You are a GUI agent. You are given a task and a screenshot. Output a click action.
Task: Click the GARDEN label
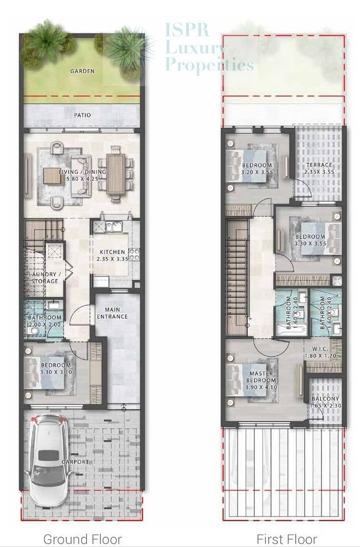pos(83,71)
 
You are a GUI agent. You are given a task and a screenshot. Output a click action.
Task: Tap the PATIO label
pos(83,115)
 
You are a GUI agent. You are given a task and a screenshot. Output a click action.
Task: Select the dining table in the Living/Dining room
pos(115,174)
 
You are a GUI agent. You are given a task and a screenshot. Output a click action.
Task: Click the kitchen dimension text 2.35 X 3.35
pos(112,259)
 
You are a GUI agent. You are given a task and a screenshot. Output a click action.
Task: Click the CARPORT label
pos(75,462)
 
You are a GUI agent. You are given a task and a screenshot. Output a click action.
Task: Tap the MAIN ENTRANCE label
pos(112,313)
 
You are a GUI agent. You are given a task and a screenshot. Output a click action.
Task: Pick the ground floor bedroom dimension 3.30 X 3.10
pos(56,372)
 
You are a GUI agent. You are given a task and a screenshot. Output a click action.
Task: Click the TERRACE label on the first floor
pos(319,165)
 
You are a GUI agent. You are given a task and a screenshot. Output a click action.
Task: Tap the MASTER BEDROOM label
pos(261,377)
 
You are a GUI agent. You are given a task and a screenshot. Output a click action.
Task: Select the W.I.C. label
pos(320,349)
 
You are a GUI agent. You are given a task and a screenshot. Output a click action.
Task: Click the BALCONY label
pos(325,399)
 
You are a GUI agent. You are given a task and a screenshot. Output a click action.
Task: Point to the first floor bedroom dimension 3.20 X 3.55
pos(257,172)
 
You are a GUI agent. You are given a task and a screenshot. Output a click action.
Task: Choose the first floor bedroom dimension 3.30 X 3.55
pos(311,244)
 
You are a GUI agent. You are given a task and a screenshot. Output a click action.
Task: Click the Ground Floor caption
pos(83,539)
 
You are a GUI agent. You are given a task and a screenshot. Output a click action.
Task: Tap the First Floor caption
pos(287,539)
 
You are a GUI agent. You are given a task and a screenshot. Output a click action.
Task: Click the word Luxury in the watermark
pos(194,48)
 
